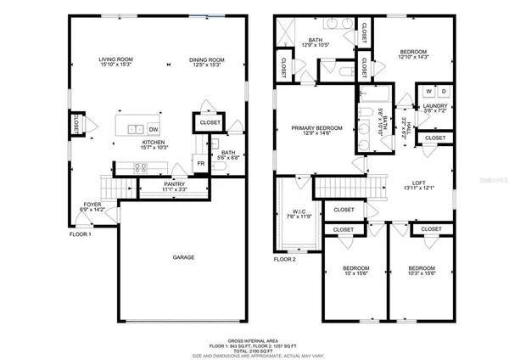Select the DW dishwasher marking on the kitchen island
[x=154, y=129]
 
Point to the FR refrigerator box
[x=201, y=163]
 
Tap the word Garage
[x=184, y=257]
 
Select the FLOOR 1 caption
[x=81, y=233]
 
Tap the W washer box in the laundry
[x=429, y=91]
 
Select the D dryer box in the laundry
[x=444, y=91]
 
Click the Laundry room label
[x=435, y=107]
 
